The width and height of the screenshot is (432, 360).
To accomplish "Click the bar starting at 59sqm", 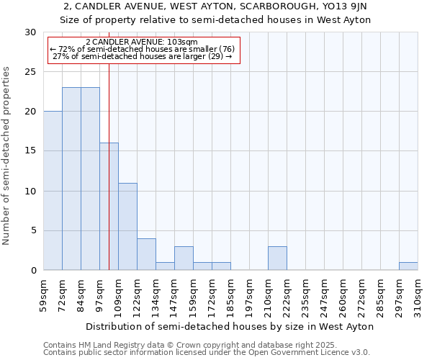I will [53, 191].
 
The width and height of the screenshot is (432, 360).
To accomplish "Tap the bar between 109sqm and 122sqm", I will [127, 227].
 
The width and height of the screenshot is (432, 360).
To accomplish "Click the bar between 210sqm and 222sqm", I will [277, 258].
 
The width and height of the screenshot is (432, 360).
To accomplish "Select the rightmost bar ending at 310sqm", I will [408, 266].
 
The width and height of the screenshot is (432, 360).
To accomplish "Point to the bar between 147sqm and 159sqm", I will [184, 258].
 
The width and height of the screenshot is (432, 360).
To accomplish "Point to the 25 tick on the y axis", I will [30, 72].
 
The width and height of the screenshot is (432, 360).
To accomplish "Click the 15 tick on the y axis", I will [30, 151].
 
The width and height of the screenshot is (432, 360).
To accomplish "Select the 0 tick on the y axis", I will [33, 271].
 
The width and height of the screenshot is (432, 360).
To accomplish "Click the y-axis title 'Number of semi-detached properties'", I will [7, 156].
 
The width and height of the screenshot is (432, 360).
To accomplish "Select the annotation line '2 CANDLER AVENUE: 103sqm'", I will [141, 42].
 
